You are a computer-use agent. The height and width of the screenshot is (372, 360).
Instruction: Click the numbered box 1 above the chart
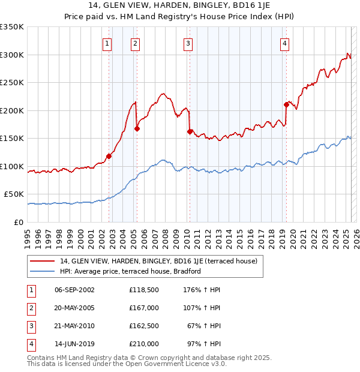pos(106,43)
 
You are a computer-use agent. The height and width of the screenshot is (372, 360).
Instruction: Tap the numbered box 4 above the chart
pos(284,43)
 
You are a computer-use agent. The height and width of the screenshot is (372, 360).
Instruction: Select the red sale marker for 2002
pos(109,156)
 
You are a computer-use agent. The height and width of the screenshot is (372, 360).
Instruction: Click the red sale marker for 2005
pos(137,128)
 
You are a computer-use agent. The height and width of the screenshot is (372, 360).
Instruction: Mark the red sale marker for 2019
pos(286,104)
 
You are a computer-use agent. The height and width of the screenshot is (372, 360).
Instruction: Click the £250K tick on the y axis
pos(13,83)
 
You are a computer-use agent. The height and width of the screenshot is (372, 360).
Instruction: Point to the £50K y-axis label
pos(14,194)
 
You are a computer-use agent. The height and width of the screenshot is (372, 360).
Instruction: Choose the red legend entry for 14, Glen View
pos(158,261)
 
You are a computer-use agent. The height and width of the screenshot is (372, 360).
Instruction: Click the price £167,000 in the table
pos(143,308)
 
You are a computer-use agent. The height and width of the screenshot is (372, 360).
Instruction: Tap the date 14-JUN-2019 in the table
pos(74,344)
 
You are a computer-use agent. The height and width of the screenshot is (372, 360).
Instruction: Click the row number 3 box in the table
pos(30,326)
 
